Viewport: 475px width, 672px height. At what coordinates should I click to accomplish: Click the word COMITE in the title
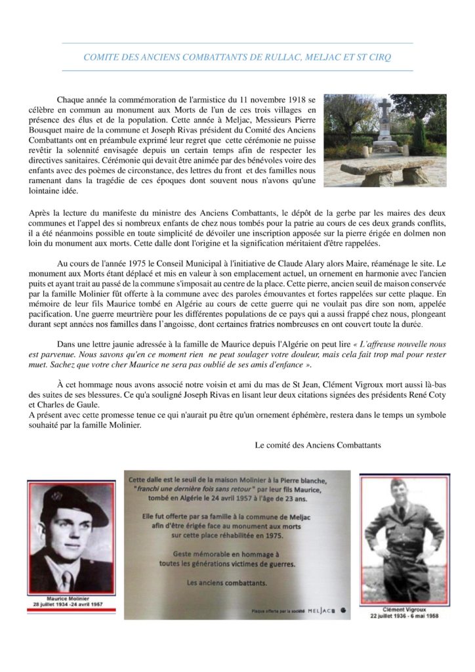[x=100, y=58]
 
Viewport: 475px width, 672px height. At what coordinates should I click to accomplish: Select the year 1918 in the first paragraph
[x=289, y=99]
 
